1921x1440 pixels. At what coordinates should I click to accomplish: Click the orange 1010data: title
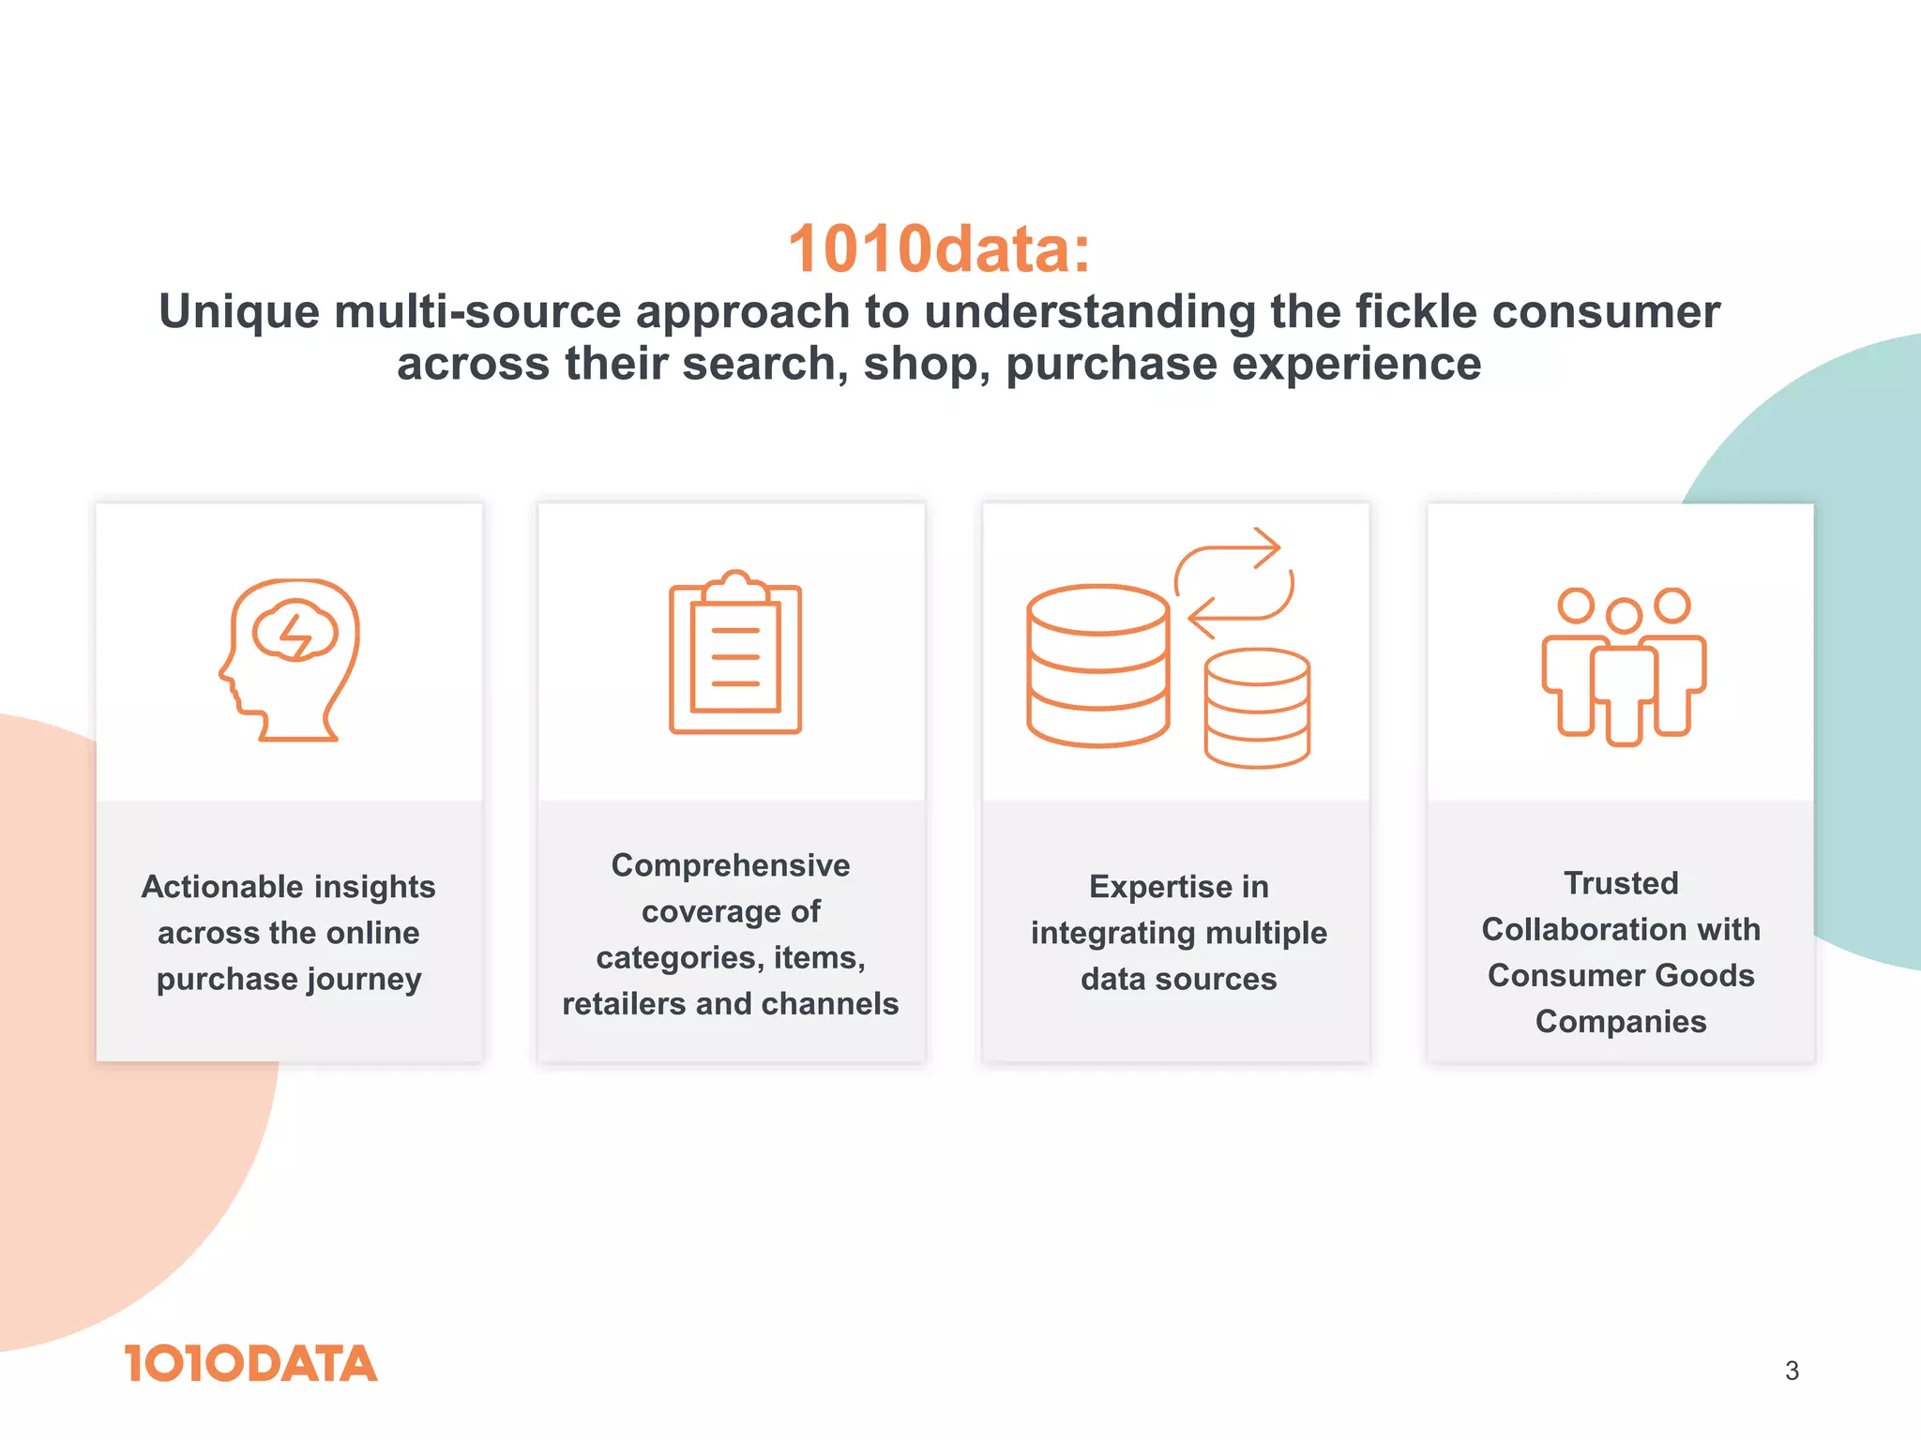pyautogui.click(x=939, y=249)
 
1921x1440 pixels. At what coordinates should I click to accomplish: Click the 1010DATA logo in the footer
pyautogui.click(x=250, y=1364)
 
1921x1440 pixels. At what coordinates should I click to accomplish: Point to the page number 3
pyautogui.click(x=1792, y=1371)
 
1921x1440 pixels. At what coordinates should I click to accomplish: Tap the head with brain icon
pyautogui.click(x=290, y=660)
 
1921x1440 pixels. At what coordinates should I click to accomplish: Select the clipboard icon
pyautogui.click(x=734, y=652)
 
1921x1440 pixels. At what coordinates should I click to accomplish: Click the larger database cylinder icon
pyautogui.click(x=1097, y=666)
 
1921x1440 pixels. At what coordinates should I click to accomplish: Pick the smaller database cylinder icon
pyautogui.click(x=1257, y=709)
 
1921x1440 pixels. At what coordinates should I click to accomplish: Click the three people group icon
pyautogui.click(x=1624, y=667)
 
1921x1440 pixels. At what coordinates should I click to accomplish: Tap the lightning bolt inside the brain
pyautogui.click(x=295, y=635)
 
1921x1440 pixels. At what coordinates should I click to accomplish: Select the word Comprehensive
pyautogui.click(x=731, y=865)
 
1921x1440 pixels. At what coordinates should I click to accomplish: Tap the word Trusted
pyautogui.click(x=1621, y=883)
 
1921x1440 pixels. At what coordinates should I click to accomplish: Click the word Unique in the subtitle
pyautogui.click(x=239, y=312)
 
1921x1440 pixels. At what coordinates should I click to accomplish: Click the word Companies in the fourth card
pyautogui.click(x=1621, y=1021)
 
